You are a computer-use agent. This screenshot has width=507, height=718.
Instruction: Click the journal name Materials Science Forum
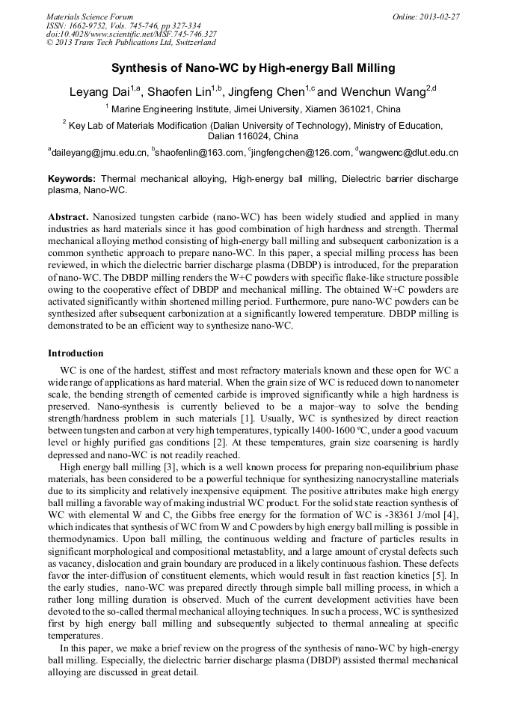pyautogui.click(x=90, y=16)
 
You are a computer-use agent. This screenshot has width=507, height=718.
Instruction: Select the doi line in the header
pyautogui.click(x=132, y=34)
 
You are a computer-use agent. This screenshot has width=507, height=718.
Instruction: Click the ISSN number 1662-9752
pyautogui.click(x=97, y=25)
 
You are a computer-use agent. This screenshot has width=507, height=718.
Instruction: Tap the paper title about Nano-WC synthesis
pyautogui.click(x=254, y=68)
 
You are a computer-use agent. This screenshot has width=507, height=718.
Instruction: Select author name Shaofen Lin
pyautogui.click(x=179, y=93)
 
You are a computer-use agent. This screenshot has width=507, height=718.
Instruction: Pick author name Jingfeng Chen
pyautogui.click(x=266, y=93)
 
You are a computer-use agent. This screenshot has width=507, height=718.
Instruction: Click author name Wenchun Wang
pyautogui.click(x=370, y=93)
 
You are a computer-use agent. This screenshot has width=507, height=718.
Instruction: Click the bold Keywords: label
pyautogui.click(x=72, y=180)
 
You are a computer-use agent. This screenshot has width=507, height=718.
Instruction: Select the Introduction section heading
pyautogui.click(x=76, y=353)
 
